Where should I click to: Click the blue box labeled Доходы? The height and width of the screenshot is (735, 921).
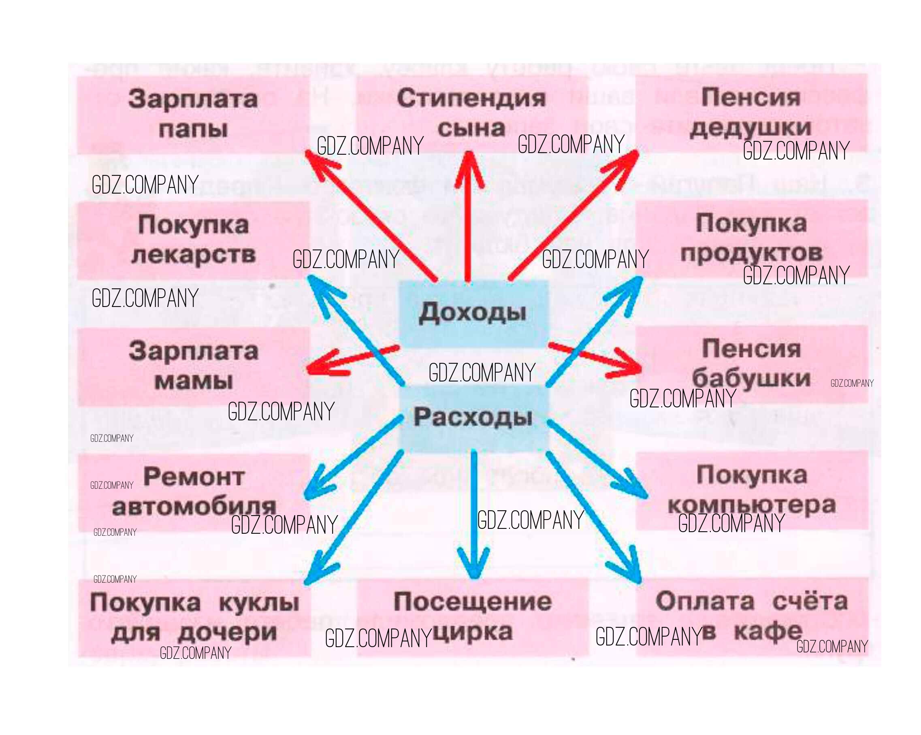point(473,313)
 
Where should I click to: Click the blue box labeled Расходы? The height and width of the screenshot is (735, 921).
point(473,417)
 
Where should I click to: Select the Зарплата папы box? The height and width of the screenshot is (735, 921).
point(193,114)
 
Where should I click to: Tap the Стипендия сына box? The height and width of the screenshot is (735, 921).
point(471,114)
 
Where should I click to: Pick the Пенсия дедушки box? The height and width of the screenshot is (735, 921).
point(750,113)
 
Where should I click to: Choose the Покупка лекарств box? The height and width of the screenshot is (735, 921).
point(193,240)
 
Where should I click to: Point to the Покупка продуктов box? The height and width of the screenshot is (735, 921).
point(751,238)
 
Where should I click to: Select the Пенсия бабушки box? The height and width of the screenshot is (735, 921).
point(751,364)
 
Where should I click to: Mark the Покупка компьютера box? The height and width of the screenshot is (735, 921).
point(751,490)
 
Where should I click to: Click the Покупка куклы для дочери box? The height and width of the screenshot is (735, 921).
point(194,618)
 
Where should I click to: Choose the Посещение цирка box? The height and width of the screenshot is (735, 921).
point(473,617)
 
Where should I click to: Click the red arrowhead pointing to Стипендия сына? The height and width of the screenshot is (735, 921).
point(469,164)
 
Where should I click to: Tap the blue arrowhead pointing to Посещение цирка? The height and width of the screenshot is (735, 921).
point(473,568)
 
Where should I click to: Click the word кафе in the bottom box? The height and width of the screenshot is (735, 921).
point(767,632)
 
